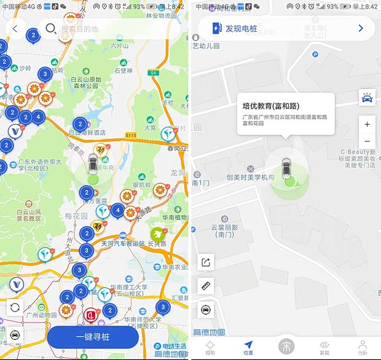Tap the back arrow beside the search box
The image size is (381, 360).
[x=15, y=28]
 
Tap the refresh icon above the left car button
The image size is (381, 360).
[x=15, y=307]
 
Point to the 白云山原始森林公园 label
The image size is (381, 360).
[x=85, y=82]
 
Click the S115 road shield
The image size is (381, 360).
[x=130, y=135]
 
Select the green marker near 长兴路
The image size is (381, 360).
[x=157, y=233]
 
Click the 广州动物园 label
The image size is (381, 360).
[x=41, y=315]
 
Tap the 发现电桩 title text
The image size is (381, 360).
[x=242, y=28]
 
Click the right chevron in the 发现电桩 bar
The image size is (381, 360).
[x=361, y=28]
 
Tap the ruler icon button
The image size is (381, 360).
[x=206, y=286]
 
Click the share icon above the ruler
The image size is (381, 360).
[x=206, y=262]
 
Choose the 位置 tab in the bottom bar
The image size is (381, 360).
[x=248, y=346]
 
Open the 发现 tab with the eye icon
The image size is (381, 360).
[x=324, y=346]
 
